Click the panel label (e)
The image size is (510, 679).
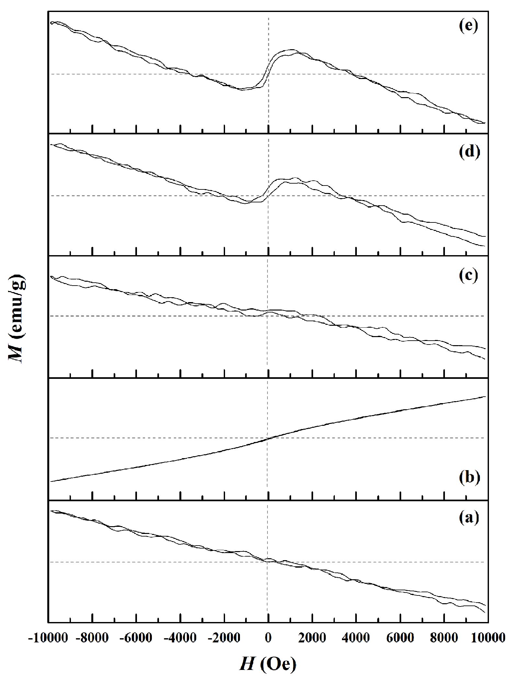(468, 26)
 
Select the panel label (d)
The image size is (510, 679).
(468, 152)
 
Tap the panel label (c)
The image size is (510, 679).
(468, 276)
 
